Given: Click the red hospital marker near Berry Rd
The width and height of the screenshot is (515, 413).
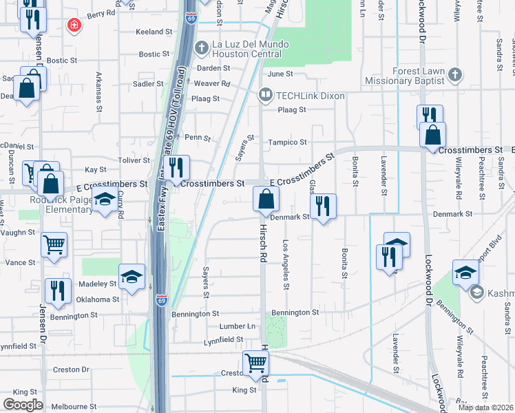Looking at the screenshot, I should [73, 25].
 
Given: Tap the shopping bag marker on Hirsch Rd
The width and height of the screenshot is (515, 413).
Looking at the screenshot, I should [266, 200].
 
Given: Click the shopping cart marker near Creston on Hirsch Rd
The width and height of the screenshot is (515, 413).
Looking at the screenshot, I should [255, 362].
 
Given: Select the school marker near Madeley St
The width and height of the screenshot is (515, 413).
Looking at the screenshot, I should [132, 277].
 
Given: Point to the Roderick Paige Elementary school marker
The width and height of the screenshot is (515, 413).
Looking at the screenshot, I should [105, 200].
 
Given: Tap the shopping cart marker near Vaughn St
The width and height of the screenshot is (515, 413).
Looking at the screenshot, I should [54, 244].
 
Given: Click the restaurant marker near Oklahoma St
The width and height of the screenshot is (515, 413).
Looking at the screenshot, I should [58, 291].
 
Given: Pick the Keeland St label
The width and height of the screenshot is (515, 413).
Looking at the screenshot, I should [154, 32].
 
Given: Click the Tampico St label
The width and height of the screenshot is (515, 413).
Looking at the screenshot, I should [293, 142].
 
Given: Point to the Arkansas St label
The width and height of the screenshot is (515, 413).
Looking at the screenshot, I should [99, 92].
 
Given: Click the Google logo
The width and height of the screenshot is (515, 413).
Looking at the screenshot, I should [23, 405].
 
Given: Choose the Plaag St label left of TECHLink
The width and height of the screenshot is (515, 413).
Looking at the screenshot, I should [205, 98].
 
